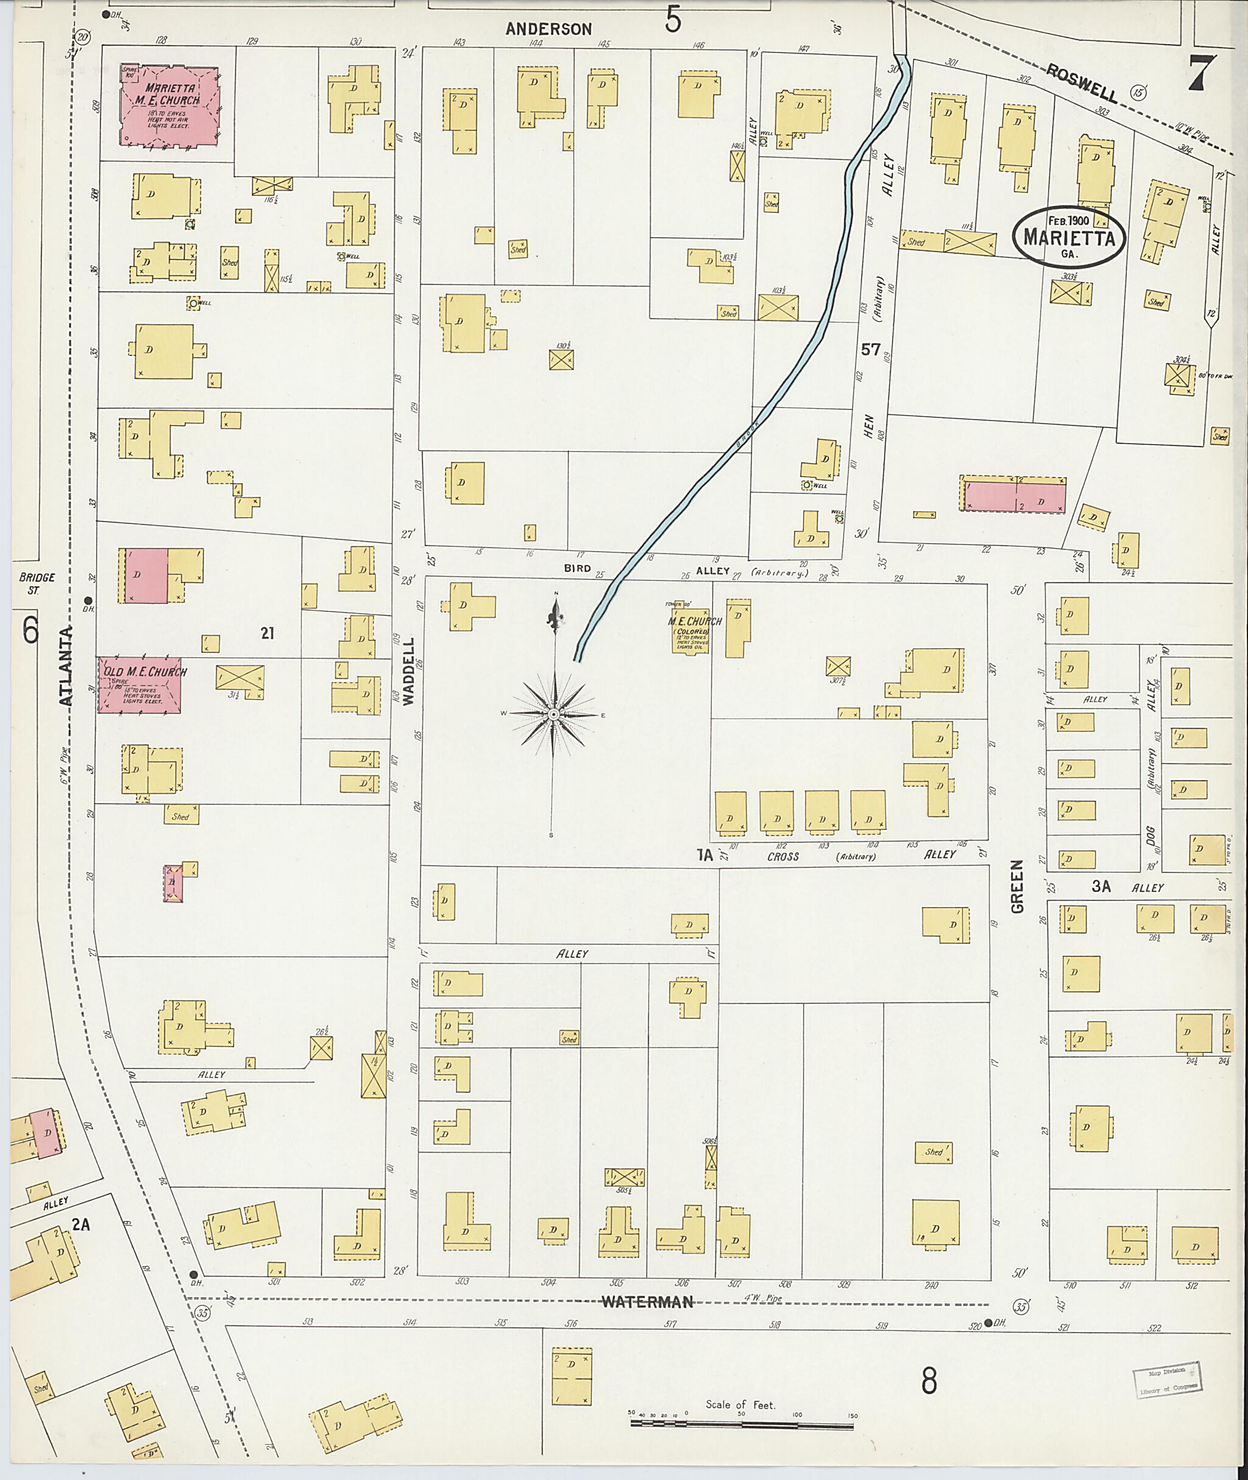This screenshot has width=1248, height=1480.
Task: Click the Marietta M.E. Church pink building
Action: [x=168, y=106]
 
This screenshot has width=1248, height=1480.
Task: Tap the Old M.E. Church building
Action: [x=140, y=684]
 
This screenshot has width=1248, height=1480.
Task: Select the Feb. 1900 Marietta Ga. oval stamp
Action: [x=1069, y=236]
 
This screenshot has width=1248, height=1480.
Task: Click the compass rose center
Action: [x=554, y=715]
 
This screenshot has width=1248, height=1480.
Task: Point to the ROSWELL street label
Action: [x=1082, y=83]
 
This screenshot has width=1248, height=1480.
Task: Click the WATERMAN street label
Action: [x=647, y=1301]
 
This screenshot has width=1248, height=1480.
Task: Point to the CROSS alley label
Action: [x=782, y=856]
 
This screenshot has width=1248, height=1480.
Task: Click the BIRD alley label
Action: [x=576, y=568]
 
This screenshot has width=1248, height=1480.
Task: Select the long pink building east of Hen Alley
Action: [x=1015, y=495]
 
